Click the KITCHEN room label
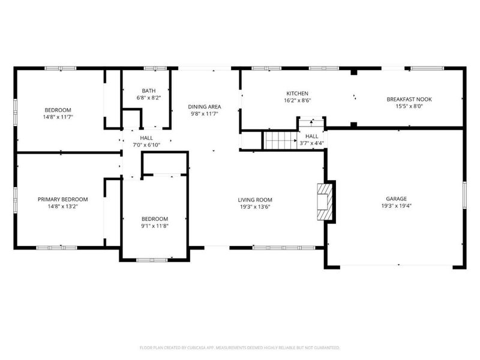[297, 94]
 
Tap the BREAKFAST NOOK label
[409, 100]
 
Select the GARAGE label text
[396, 199]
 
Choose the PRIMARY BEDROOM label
[62, 199]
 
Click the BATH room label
[149, 91]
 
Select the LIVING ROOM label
[255, 200]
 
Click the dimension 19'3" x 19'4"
[396, 206]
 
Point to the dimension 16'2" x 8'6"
[297, 101]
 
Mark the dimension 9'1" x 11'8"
[154, 226]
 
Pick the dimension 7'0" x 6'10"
[146, 145]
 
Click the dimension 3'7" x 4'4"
[311, 143]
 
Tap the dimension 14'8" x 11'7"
[58, 117]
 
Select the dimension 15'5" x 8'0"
[409, 107]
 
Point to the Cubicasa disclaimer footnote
[240, 348]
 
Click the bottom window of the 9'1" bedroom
[152, 259]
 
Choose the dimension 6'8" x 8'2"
[149, 97]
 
